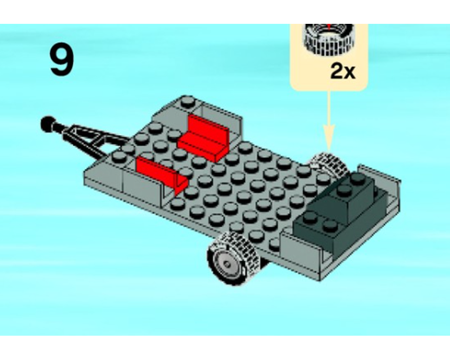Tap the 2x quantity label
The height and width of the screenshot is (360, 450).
pos(342,71)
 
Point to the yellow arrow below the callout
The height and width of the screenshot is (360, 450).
pos(329,117)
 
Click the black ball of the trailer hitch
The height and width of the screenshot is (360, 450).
pos(47,122)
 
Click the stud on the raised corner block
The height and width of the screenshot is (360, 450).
pos(188,102)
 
